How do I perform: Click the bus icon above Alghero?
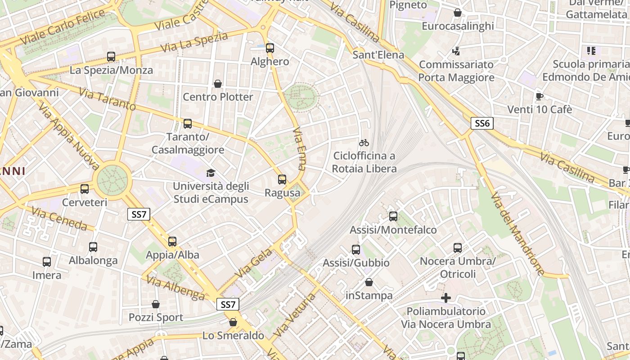(x=270, y=48)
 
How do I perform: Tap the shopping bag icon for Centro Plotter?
(x=218, y=84)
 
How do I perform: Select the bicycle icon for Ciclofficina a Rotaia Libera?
(x=364, y=143)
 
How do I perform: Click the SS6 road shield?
(x=482, y=123)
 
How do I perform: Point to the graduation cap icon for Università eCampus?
(x=211, y=173)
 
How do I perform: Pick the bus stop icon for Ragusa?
(x=282, y=180)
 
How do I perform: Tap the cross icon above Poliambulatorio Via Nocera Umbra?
(x=445, y=298)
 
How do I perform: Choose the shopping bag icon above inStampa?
(x=369, y=282)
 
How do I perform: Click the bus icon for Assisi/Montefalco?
(x=393, y=216)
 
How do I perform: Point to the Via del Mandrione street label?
(x=517, y=234)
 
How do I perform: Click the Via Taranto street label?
(x=107, y=99)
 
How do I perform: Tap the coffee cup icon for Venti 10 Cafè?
(x=540, y=96)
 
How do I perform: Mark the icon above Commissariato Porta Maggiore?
(x=456, y=51)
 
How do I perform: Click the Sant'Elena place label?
(x=378, y=55)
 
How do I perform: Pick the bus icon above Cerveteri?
(x=85, y=189)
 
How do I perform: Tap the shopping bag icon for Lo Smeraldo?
(x=233, y=322)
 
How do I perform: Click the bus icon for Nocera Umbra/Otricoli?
(x=458, y=248)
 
